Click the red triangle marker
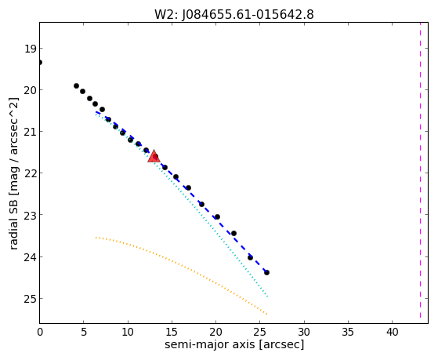(x=154, y=157)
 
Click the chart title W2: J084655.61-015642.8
(x=234, y=15)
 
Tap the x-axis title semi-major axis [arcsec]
(x=234, y=344)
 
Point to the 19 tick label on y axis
(x=31, y=49)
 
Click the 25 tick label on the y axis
(x=31, y=299)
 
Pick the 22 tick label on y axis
(x=31, y=173)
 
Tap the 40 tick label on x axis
(x=392, y=332)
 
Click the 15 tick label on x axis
(x=172, y=332)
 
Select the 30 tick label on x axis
(x=304, y=332)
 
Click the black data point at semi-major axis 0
(x=40, y=62)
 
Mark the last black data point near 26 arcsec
(x=266, y=272)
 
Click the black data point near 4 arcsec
(x=76, y=85)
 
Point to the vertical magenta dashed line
(x=420, y=170)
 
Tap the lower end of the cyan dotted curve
(x=267, y=296)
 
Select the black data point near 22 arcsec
(x=233, y=233)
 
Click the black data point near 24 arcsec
(x=250, y=257)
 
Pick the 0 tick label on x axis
(x=40, y=332)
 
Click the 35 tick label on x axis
(x=348, y=332)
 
